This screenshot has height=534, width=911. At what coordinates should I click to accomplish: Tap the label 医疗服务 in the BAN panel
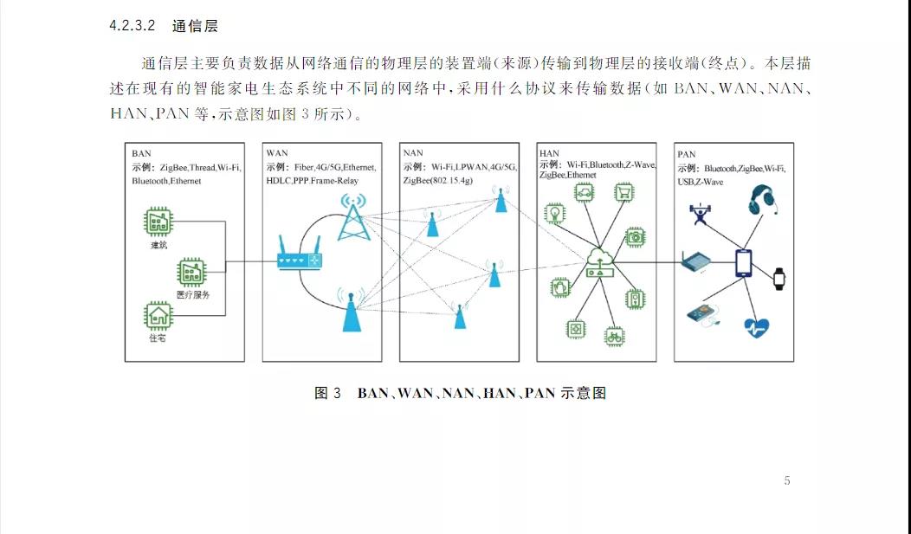point(192,294)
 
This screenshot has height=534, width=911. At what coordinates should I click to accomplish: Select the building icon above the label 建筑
point(158,222)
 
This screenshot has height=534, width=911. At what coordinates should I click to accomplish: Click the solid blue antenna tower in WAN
point(350,313)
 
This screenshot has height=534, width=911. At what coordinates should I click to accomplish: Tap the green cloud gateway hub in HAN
point(598,261)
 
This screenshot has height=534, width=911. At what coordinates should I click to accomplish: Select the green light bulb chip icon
point(553,212)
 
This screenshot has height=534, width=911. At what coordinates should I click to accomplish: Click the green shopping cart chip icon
point(623,192)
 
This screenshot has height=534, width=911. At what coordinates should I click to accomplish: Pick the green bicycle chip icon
point(614,334)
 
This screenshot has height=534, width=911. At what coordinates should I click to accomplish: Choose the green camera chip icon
point(636,235)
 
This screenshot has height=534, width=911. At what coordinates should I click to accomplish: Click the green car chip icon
point(584,193)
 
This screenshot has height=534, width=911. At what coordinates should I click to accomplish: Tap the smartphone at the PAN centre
point(743,263)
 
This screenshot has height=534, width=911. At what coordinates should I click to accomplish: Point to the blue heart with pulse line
point(756,327)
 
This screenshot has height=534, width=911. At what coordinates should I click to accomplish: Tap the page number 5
point(786,481)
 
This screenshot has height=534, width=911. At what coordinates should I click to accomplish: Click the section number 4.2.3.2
point(132,26)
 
